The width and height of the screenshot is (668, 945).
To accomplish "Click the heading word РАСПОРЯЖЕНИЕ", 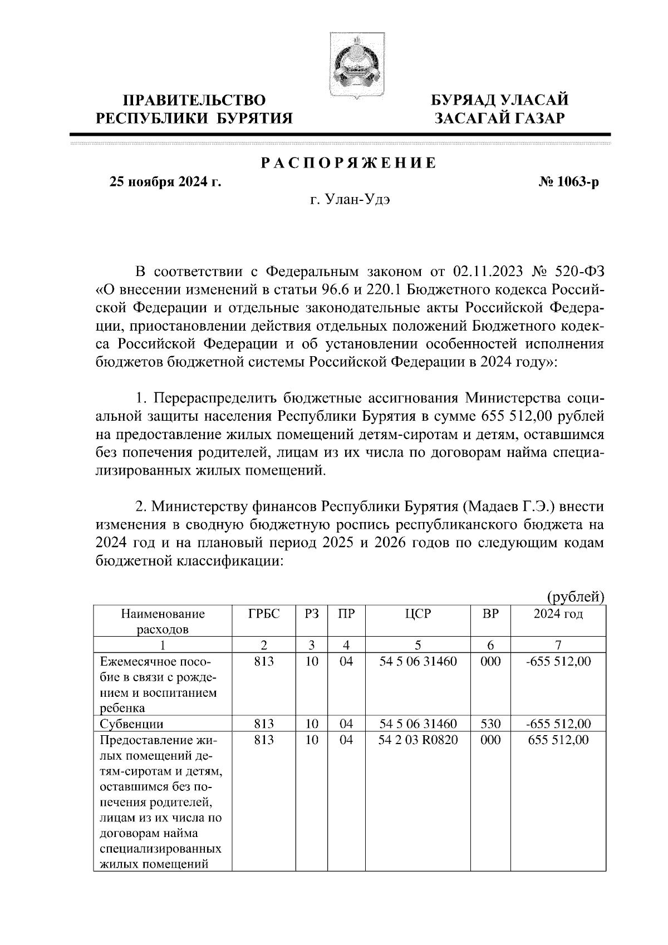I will [x=349, y=163].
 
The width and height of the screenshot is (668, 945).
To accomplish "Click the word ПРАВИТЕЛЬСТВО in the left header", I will [x=194, y=100].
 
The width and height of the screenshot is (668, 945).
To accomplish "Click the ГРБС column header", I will [x=263, y=614].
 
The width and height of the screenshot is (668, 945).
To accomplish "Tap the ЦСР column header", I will [x=417, y=614].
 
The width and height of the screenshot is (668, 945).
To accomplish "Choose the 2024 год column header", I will [x=558, y=614].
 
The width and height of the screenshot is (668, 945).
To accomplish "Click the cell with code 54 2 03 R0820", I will [x=418, y=740].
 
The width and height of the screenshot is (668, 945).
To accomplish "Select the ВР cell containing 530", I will [x=490, y=724].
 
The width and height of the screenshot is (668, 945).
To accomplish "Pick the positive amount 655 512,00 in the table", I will [x=558, y=740].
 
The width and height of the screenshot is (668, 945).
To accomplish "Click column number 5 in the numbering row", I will [x=417, y=645].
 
